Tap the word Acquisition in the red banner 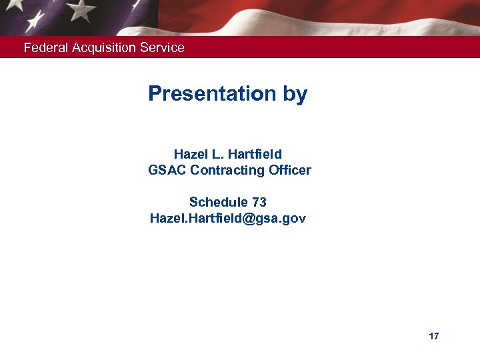click(102, 48)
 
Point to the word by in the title click(295, 94)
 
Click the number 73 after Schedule click(259, 202)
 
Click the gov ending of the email click(293, 219)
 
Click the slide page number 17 click(434, 337)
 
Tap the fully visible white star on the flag click(81, 9)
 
